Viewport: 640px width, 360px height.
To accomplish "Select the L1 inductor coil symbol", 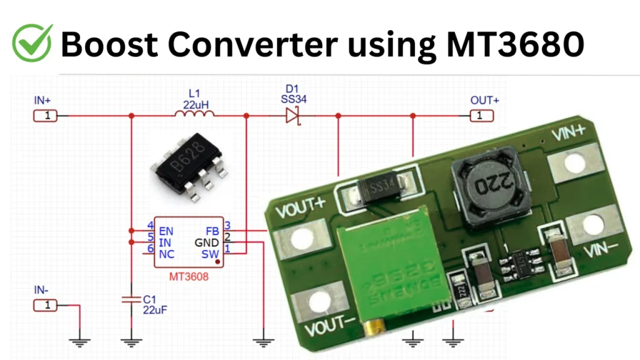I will coord(194,114).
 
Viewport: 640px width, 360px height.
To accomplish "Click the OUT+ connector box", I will coord(480,116).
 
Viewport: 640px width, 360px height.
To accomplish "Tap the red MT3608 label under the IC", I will coord(189,276).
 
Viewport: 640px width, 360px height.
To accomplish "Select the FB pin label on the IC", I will coord(212,231).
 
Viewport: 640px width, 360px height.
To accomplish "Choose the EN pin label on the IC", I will coord(166,231).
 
